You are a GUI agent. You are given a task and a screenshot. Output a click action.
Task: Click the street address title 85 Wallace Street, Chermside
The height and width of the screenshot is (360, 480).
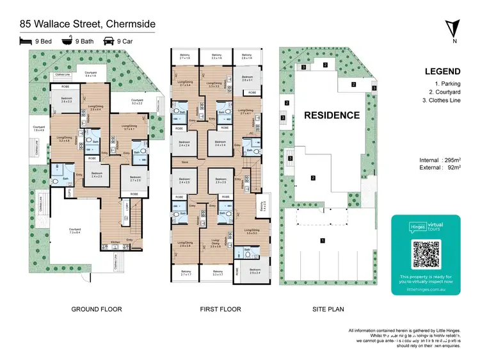87,24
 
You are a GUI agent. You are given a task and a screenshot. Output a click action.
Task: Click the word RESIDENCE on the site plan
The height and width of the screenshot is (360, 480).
332,115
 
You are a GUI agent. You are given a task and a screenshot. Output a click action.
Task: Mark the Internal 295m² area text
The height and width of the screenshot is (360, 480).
442,160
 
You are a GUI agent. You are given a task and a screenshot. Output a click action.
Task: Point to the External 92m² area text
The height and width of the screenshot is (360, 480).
442,168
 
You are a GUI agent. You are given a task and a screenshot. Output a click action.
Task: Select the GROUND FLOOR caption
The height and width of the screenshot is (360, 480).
96,309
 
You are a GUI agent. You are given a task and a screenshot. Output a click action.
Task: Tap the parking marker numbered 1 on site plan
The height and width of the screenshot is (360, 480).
323,241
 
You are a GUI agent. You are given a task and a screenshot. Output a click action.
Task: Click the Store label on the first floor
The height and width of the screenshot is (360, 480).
184,162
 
